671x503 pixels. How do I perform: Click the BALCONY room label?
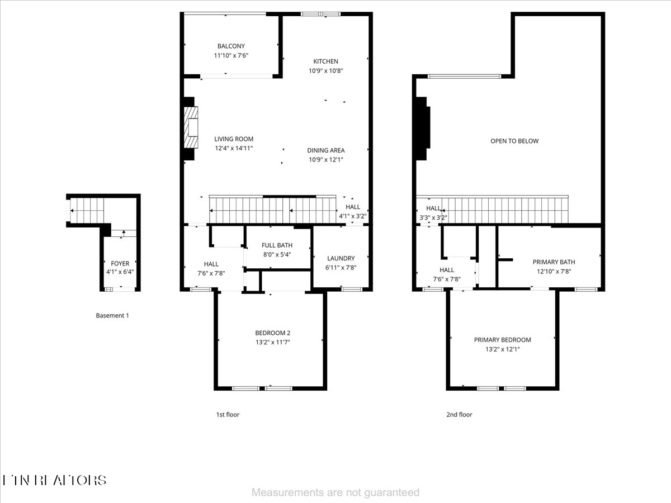[x=231, y=46]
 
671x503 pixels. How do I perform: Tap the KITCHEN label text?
[x=325, y=61]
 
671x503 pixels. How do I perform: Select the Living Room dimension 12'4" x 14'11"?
[x=234, y=148]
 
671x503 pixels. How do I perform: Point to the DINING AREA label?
[x=325, y=150]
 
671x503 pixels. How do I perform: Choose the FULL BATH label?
[x=277, y=245]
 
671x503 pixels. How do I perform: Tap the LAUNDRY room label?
[x=341, y=258]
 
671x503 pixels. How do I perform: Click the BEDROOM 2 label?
[x=273, y=333]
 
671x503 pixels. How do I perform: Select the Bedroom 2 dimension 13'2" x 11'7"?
[x=273, y=342]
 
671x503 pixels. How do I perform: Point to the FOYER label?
[x=120, y=263]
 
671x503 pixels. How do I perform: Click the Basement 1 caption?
[x=112, y=315]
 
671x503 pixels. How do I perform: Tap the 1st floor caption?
[x=228, y=415]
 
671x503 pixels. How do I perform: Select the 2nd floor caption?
[x=459, y=415]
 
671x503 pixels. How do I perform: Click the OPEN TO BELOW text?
[x=514, y=141]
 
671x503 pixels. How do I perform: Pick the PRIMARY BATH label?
[x=554, y=262]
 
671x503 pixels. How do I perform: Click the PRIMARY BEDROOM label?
[x=502, y=340]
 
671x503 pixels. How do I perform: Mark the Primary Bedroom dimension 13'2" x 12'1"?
[x=502, y=349]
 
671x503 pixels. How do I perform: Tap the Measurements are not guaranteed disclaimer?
[x=335, y=492]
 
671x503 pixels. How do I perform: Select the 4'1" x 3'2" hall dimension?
[x=353, y=216]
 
